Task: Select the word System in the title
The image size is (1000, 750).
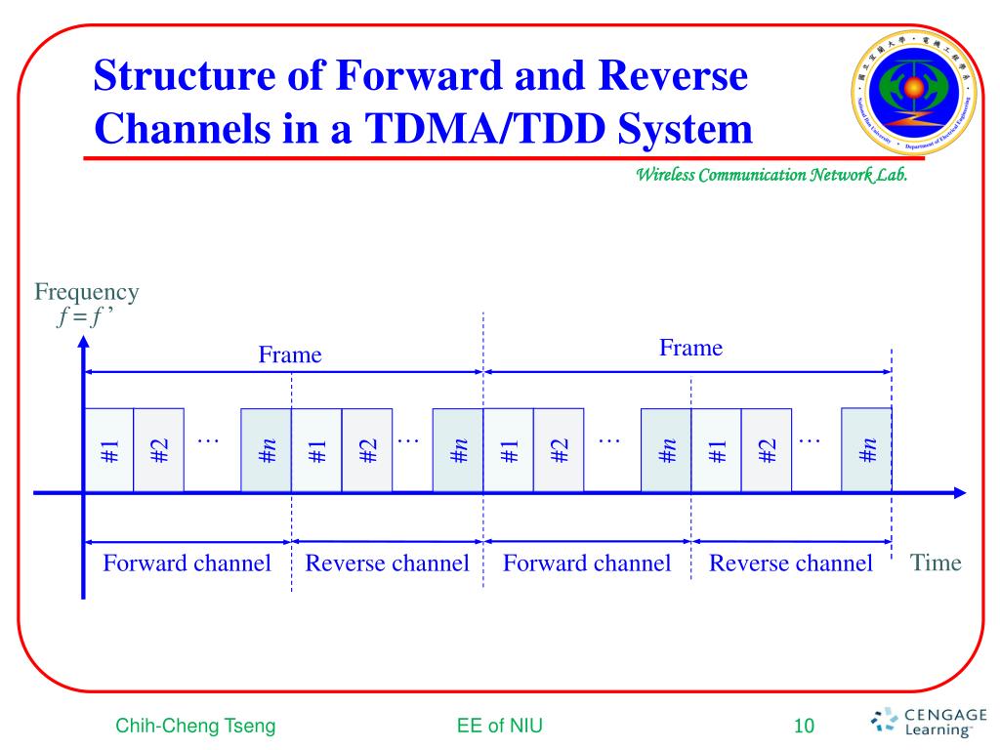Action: click(x=684, y=129)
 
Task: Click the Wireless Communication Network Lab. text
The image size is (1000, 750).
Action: click(x=772, y=176)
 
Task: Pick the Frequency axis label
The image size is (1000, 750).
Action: click(x=86, y=291)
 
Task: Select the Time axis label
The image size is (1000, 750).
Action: click(x=936, y=562)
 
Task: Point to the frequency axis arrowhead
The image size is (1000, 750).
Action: click(x=84, y=343)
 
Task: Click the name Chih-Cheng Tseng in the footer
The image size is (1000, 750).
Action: click(x=195, y=726)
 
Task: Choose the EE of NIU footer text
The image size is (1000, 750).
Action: click(x=499, y=726)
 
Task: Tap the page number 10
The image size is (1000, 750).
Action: click(x=804, y=726)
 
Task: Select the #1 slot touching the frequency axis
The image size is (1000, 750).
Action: click(x=109, y=450)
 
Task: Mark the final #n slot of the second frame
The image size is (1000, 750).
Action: click(x=866, y=450)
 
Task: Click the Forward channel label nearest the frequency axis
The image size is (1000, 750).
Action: click(x=187, y=563)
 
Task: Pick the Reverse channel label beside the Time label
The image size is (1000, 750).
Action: click(x=790, y=563)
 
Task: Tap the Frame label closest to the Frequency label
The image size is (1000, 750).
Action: click(x=289, y=355)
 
